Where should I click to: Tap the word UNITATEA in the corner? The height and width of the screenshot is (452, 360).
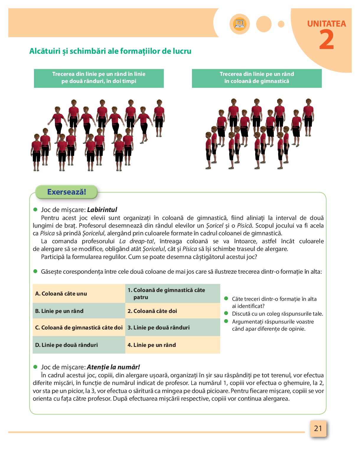(326, 24)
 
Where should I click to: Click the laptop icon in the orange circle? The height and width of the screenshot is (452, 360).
(240, 24)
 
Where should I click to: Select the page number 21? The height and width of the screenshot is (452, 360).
(318, 428)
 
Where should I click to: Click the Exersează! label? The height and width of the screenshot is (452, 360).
(66, 192)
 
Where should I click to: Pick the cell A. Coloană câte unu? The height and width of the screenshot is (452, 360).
(79, 293)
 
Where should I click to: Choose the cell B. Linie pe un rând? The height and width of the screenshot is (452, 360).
(79, 311)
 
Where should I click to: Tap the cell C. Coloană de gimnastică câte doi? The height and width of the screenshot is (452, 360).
(79, 327)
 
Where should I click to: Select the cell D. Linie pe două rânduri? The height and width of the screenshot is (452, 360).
(79, 345)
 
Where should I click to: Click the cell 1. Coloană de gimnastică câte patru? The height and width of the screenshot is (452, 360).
(172, 293)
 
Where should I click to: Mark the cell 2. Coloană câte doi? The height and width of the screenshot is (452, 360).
(172, 311)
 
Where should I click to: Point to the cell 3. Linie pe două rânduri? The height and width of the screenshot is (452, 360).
(172, 327)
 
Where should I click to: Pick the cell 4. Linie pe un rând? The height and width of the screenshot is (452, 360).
(172, 345)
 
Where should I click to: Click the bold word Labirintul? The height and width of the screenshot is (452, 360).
(102, 210)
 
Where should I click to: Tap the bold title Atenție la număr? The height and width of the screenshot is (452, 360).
(113, 367)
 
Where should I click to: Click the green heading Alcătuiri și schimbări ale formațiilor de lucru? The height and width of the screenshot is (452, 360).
(110, 51)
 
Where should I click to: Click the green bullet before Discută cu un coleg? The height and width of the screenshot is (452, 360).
(227, 313)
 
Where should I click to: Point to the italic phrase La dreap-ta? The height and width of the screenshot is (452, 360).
(137, 241)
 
